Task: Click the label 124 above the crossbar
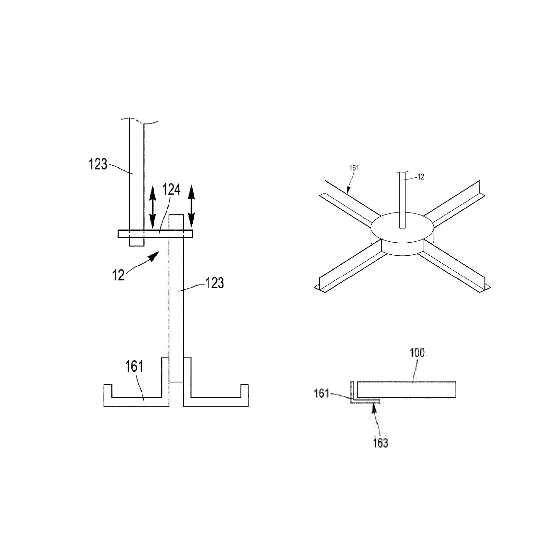[x=171, y=190]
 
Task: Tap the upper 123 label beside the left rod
[x=98, y=164]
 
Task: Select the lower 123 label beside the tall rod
[x=214, y=283]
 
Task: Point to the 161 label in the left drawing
[x=134, y=367]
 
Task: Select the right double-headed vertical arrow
[x=191, y=206]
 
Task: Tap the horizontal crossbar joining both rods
[x=155, y=234]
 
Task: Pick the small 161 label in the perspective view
[x=354, y=168]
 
